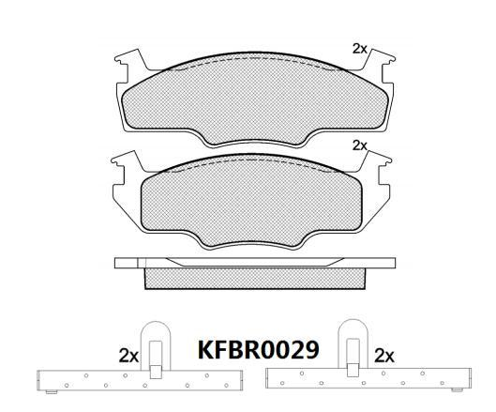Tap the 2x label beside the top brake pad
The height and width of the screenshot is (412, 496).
359,48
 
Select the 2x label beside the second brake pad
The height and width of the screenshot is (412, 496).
359,145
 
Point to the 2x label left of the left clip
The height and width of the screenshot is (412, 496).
129,356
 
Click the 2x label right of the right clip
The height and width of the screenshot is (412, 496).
383,356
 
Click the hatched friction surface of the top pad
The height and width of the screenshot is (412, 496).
253,99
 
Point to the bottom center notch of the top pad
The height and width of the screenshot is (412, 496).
253,141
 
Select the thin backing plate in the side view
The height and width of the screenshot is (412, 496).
253,264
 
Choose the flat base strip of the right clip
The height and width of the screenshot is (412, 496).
366,379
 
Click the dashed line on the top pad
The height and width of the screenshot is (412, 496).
253,62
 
